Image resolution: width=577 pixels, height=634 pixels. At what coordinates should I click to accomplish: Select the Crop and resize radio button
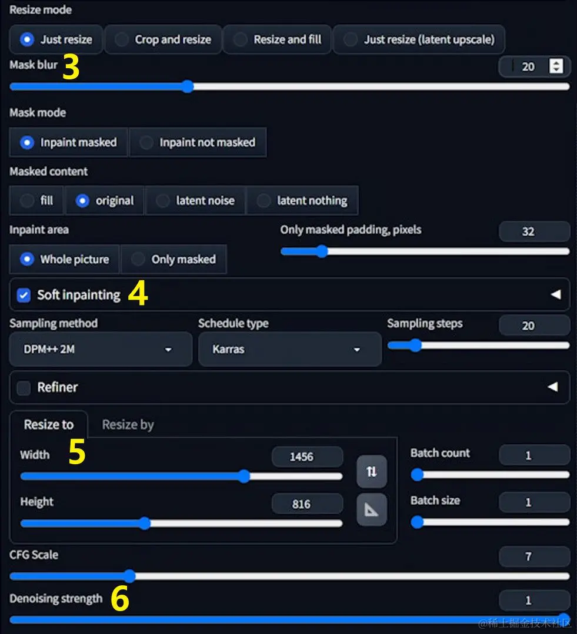(x=122, y=39)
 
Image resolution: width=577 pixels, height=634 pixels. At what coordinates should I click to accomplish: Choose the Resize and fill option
(x=241, y=39)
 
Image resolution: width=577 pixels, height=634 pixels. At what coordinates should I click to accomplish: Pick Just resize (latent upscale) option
(x=351, y=39)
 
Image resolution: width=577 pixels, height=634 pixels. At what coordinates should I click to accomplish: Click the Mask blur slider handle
(x=188, y=86)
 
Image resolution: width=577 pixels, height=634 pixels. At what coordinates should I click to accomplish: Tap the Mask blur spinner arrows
(x=556, y=66)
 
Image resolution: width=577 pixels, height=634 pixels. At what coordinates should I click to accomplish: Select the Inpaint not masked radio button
(x=146, y=142)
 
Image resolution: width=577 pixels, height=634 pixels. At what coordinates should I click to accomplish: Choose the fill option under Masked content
(x=27, y=200)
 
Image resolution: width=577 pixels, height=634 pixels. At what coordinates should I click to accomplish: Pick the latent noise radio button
(x=163, y=200)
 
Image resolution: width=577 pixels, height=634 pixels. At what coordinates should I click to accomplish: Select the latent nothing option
(x=264, y=200)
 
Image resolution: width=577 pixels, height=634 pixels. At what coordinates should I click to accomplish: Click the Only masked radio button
(x=138, y=259)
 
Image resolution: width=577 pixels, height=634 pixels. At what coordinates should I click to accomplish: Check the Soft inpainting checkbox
(x=24, y=295)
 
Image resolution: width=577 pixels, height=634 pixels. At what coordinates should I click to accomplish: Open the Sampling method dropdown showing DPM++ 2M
(x=101, y=350)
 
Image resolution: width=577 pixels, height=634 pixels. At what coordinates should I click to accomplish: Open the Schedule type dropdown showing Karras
(x=290, y=350)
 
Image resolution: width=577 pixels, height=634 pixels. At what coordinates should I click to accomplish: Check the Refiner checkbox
(x=24, y=388)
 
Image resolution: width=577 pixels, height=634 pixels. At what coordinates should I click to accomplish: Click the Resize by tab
(x=128, y=425)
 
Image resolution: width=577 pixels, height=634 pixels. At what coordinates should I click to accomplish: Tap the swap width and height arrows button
(x=372, y=471)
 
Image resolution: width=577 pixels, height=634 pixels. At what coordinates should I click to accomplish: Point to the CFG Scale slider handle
(x=129, y=576)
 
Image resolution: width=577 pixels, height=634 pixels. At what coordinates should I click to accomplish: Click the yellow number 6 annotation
(x=120, y=598)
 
